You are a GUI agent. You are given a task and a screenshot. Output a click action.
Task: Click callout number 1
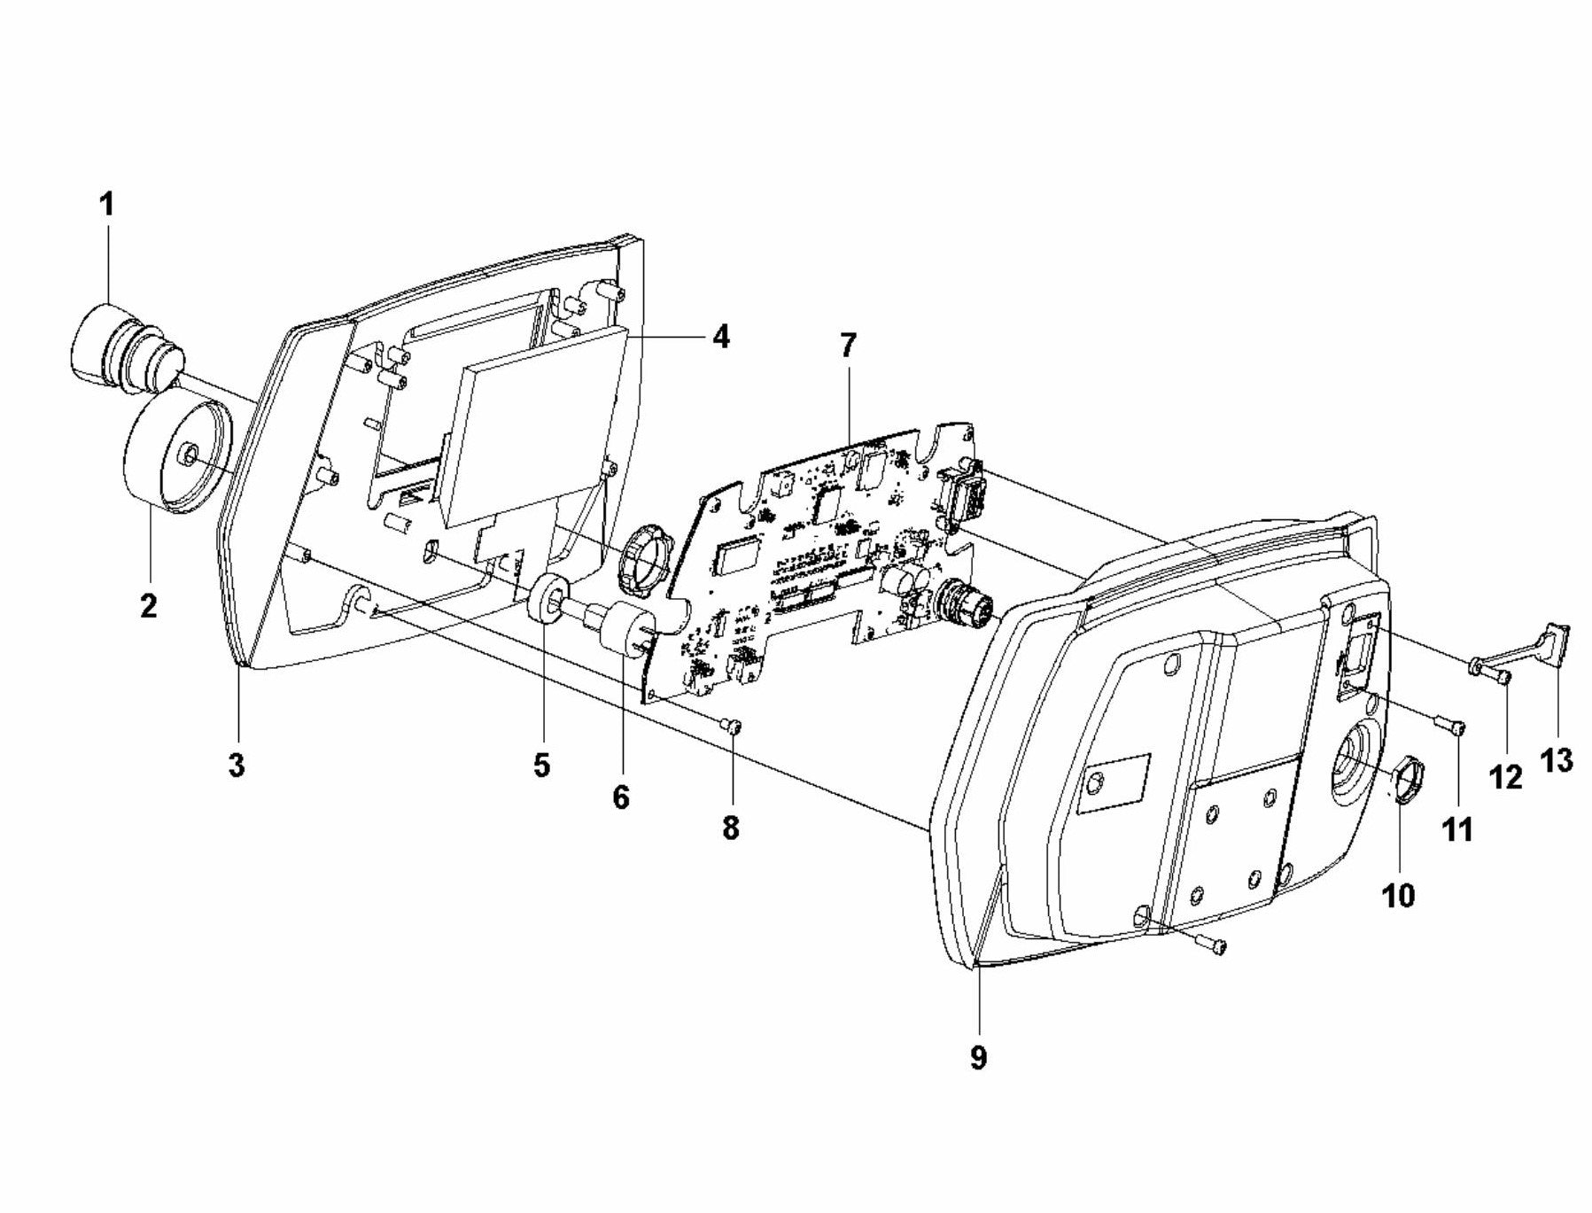point(106,206)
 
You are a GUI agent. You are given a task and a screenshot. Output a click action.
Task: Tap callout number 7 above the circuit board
point(848,346)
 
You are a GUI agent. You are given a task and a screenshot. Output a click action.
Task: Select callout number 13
point(1557,759)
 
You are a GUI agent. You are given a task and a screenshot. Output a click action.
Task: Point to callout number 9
point(978,1057)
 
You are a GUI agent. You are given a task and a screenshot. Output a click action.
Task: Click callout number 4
point(720,337)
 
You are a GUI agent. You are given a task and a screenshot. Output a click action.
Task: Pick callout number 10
point(1399,895)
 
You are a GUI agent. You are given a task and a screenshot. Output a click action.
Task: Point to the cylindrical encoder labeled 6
point(625,625)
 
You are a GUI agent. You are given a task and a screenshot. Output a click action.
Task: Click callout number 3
point(237,766)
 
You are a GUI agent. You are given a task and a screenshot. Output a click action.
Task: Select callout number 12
point(1506,777)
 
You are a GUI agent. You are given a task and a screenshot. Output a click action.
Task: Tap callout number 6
point(620,798)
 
